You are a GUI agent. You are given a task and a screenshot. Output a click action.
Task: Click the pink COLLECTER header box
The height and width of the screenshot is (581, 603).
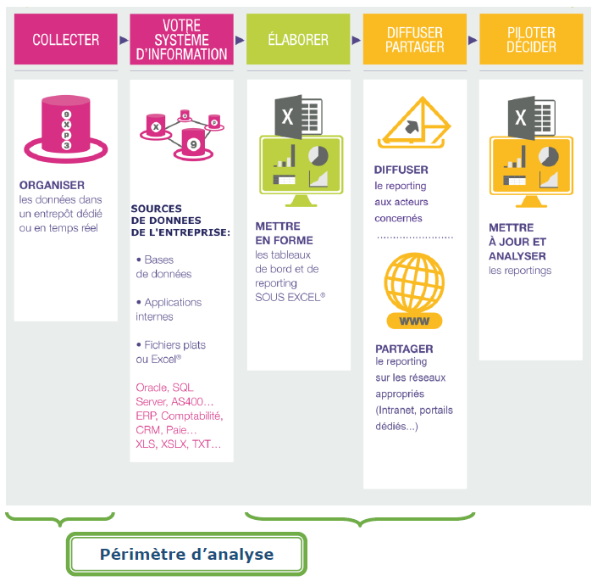click(66, 39)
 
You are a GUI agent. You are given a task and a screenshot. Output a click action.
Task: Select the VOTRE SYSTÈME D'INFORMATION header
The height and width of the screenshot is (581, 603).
click(181, 39)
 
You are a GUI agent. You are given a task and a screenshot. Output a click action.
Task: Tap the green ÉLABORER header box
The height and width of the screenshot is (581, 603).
click(298, 39)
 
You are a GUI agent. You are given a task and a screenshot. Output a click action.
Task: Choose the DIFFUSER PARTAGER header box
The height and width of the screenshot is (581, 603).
click(414, 39)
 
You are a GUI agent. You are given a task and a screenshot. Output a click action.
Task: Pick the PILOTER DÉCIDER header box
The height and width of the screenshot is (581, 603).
click(531, 39)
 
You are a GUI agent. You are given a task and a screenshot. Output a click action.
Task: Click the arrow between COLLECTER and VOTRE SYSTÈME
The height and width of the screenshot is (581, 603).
click(124, 40)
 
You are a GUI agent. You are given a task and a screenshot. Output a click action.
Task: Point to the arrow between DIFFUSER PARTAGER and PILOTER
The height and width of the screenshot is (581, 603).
click(473, 40)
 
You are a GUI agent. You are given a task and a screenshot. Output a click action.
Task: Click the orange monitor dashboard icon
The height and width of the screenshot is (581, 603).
click(530, 170)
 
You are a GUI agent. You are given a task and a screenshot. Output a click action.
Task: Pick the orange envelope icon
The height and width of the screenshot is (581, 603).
click(414, 122)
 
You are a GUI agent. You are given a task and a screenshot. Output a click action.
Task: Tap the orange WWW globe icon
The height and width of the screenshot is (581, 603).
click(414, 291)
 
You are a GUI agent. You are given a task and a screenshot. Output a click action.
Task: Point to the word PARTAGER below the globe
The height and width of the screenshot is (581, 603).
click(404, 349)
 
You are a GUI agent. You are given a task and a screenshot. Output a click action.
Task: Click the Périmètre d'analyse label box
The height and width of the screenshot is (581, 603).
click(186, 554)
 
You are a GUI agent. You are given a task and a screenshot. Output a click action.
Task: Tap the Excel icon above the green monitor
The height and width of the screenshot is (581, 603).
click(298, 115)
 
